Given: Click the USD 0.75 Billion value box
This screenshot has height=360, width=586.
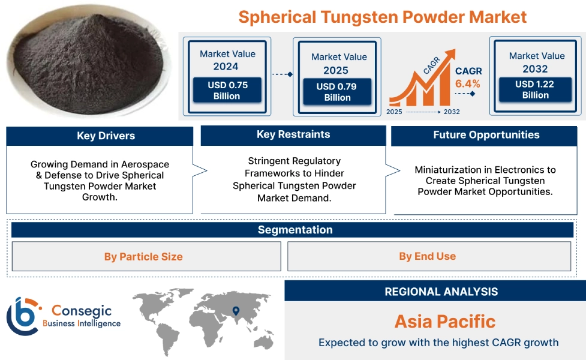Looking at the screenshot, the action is click(227, 90).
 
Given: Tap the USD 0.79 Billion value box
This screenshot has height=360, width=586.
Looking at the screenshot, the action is click(337, 92).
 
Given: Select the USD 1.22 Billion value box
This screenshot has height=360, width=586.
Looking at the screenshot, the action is click(535, 89).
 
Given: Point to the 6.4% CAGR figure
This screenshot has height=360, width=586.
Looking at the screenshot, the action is click(467, 84).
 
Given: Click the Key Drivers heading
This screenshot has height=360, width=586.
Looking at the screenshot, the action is click(106, 136).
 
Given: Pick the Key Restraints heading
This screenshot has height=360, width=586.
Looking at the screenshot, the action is click(293, 134).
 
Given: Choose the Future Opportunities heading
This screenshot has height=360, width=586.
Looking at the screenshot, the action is click(486, 135).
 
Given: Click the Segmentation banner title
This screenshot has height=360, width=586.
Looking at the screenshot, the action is click(295, 230).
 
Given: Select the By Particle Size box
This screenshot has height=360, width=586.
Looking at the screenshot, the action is click(146, 256).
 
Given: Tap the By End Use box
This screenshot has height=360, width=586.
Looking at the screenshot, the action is click(429, 256).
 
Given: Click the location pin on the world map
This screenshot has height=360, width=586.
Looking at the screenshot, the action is click(236, 311).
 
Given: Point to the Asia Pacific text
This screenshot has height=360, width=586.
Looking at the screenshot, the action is click(445, 322).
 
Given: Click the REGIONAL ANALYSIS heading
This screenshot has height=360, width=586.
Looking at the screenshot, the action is click(441, 292).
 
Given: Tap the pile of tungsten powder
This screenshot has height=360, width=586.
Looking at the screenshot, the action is click(88, 62).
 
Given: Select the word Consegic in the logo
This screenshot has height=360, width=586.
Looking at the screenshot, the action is click(82, 311).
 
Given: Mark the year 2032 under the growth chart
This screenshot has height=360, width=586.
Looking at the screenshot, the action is click(452, 112).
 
